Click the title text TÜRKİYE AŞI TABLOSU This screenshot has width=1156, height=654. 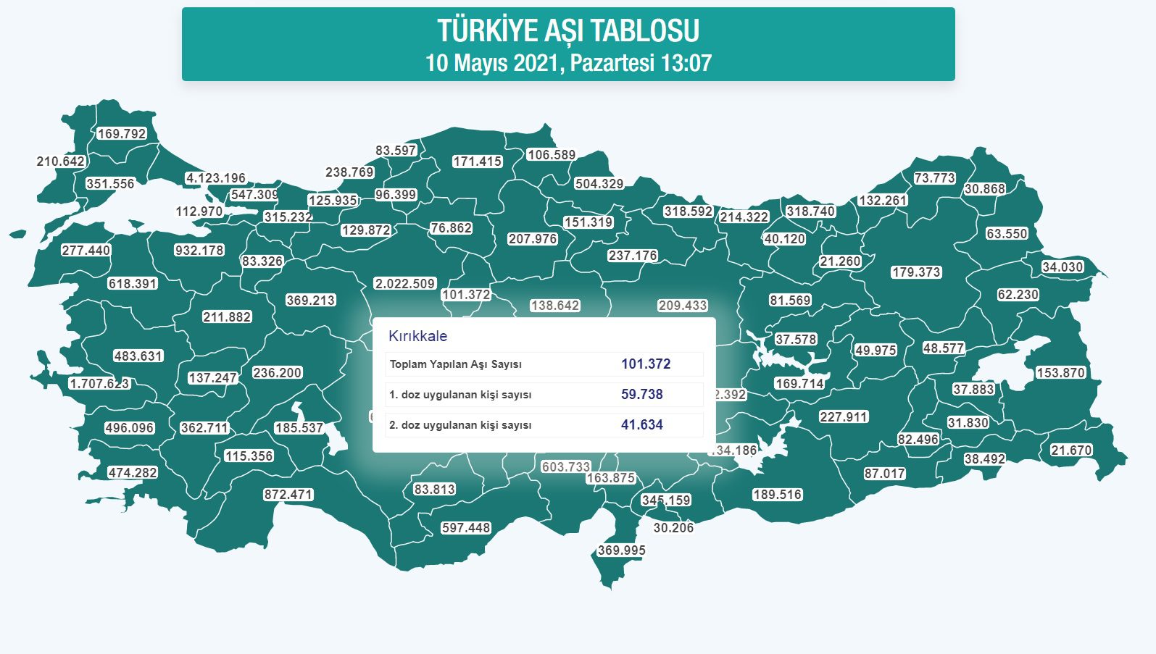568,31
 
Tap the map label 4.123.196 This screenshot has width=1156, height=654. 216,178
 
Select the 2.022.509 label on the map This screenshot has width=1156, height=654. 404,284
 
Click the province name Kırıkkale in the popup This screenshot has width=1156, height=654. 417,336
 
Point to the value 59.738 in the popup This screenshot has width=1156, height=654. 641,395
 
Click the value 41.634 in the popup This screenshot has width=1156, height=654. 641,425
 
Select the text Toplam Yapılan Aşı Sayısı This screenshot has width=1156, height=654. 455,364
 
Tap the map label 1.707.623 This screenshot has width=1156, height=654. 99,384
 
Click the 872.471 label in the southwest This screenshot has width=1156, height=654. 288,495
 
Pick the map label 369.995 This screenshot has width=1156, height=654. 621,550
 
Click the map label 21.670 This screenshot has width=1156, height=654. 1071,450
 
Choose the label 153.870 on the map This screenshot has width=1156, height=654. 1060,373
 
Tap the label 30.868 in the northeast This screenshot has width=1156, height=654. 984,189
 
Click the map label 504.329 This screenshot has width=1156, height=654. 599,184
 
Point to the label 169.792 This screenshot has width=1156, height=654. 122,134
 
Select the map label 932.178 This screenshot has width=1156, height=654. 199,251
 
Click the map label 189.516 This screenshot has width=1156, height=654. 777,495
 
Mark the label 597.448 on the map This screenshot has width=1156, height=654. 466,528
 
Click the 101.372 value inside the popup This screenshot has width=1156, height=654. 645,364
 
